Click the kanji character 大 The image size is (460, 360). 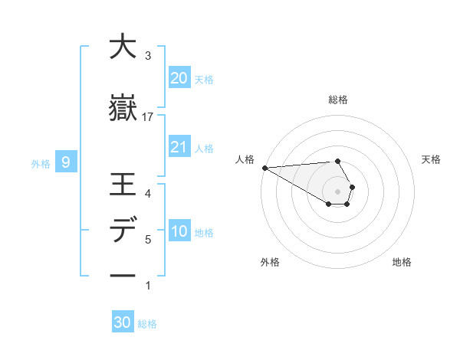tap(123, 47)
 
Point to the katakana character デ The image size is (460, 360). tap(123, 231)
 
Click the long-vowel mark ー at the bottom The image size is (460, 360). tap(123, 276)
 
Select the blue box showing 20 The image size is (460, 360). tap(179, 77)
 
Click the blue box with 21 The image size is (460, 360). tap(179, 147)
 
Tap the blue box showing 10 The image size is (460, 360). tap(179, 231)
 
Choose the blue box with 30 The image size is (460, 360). tap(123, 322)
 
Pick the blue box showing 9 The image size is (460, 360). tap(67, 162)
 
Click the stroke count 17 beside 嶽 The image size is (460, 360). tap(148, 116)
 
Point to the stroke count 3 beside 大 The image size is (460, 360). tap(148, 55)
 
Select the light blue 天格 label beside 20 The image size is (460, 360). tap(204, 79)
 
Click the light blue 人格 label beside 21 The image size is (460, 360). tap(204, 149)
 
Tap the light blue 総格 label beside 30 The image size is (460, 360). tap(147, 324)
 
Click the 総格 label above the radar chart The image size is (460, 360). tap(338, 100)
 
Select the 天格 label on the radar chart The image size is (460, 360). tap(432, 159)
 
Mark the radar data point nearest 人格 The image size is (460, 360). tap(264, 167)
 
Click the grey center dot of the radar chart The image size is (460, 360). tap(338, 191)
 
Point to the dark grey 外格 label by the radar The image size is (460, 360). tap(270, 262)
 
